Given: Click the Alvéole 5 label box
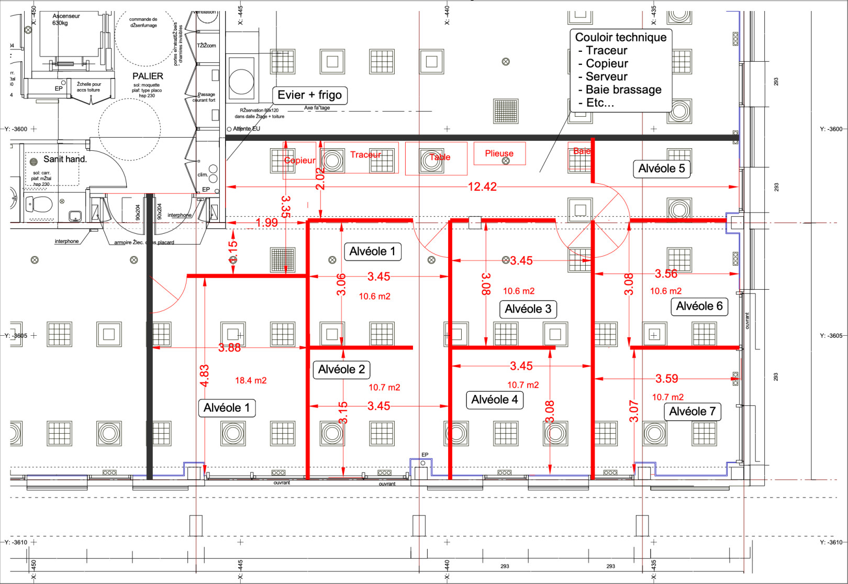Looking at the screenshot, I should coord(661,169).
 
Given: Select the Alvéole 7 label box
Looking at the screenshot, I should coord(692,412).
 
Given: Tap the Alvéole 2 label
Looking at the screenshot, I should coord(341,370).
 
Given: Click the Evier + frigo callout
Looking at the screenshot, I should coord(309,95).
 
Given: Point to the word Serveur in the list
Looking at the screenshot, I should coord(606,76).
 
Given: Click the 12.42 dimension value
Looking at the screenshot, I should coord(482,187).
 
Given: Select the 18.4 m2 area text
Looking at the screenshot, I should coord(251,381).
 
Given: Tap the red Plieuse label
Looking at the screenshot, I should coord(499,153).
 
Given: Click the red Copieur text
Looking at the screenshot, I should coord(300,160).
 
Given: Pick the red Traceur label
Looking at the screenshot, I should coord(365,155).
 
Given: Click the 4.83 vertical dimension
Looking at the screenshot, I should coord(205,376).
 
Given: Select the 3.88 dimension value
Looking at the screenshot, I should coord(229,348).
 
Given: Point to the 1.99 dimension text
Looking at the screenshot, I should coord(266,223).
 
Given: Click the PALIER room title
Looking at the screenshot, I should coord(148,76).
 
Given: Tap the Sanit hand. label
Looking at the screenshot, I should coord(65,159).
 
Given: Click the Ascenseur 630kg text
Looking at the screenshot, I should coord(66,19).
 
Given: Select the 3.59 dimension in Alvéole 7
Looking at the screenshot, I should coord(666,379).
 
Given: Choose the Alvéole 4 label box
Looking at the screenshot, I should coord(494,400).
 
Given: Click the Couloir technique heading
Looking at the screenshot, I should coord(620,37).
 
